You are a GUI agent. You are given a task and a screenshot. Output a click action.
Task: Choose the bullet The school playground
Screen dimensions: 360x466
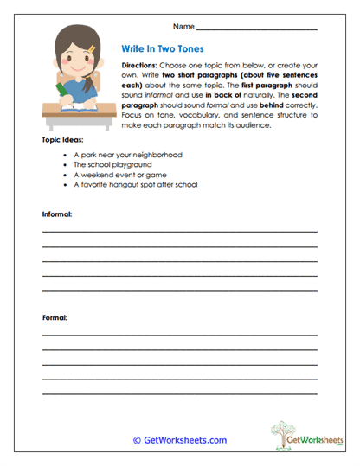(x=112, y=163)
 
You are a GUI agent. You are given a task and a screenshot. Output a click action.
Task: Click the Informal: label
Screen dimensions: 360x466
(x=57, y=213)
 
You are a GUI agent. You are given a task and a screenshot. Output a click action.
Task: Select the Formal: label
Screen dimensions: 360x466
(x=55, y=317)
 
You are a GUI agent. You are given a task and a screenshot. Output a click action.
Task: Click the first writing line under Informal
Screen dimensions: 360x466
(x=179, y=232)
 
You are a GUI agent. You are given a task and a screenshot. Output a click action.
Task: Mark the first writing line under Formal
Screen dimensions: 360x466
(x=179, y=335)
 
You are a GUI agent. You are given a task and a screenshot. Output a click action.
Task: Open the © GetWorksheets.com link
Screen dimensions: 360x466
(x=179, y=440)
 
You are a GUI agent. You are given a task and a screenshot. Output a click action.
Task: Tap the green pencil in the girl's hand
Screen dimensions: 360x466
(x=61, y=90)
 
